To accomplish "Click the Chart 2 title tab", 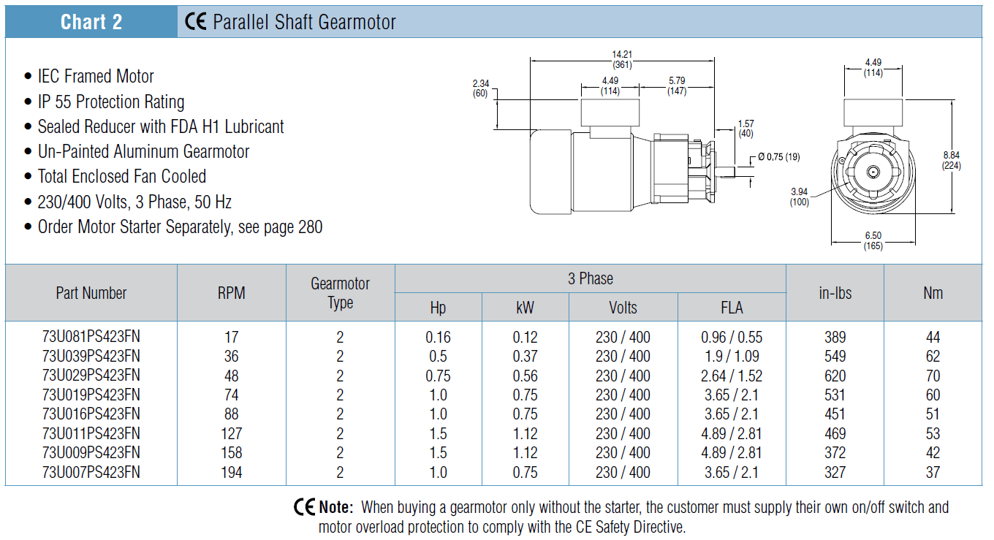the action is coord(91,22).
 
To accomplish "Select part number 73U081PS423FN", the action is coord(91,337).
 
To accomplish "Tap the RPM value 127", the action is coord(231,433).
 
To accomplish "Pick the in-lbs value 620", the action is coord(835,376).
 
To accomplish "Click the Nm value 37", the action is coord(933,472).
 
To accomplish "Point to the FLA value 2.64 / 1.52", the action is coord(732,376).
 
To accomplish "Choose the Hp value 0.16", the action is coord(438,337).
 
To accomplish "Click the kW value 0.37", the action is coord(525,357).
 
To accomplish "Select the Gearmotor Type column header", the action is coord(341,293).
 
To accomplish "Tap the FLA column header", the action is coord(732,308).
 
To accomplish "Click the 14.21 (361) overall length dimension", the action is coord(622,59).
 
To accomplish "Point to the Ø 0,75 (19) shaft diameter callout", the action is coord(779,156).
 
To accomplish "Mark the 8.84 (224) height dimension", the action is coord(952,160).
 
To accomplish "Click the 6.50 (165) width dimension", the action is coord(873,240).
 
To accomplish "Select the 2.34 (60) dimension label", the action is coord(481,88).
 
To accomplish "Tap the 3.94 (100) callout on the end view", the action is coord(799,197).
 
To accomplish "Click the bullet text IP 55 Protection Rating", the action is coord(111,102).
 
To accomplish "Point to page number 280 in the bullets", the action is coord(310,227).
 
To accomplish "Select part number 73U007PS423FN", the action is coord(91,472).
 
